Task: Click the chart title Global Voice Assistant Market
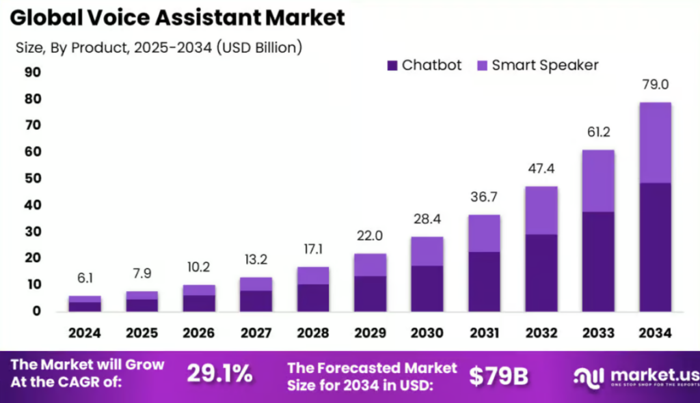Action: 177,18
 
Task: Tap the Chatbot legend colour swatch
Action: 392,66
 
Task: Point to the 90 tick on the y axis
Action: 32,72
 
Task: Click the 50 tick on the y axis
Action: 32,178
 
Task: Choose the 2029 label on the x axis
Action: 370,333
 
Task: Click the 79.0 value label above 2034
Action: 654,85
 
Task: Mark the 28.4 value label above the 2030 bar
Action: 427,220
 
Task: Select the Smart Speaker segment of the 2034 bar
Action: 654,142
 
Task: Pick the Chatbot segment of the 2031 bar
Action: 484,281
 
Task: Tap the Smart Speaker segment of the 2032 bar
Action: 541,210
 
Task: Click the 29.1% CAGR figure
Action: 219,374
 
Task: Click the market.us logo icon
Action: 589,376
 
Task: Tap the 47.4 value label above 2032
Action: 541,169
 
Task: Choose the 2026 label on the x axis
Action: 198,333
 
